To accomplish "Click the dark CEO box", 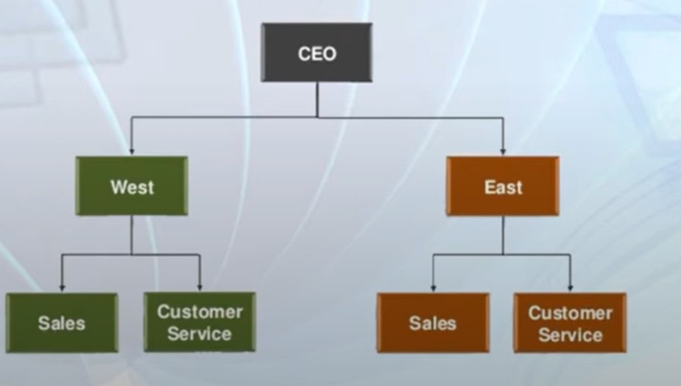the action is (316, 52).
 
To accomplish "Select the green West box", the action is (132, 186).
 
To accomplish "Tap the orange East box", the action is (502, 186).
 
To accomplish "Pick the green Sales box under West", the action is (62, 323).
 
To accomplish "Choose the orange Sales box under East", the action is (433, 323).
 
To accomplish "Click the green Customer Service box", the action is (200, 322).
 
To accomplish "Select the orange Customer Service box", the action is (570, 323).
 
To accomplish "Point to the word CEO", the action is (317, 54).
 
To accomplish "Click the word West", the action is (132, 188).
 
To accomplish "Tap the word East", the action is (504, 188).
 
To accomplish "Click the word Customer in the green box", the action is (200, 311).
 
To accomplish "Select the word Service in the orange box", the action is (570, 335).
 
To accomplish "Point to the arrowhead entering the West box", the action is (132, 151).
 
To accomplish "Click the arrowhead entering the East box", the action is (503, 151).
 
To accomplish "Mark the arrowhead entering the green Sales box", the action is (63, 288).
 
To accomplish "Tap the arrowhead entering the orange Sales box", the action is (433, 288).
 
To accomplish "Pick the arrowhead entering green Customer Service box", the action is (200, 287).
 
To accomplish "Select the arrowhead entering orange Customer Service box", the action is (570, 288).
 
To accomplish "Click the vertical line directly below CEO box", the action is (318, 99).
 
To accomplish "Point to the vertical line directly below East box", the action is (503, 235).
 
